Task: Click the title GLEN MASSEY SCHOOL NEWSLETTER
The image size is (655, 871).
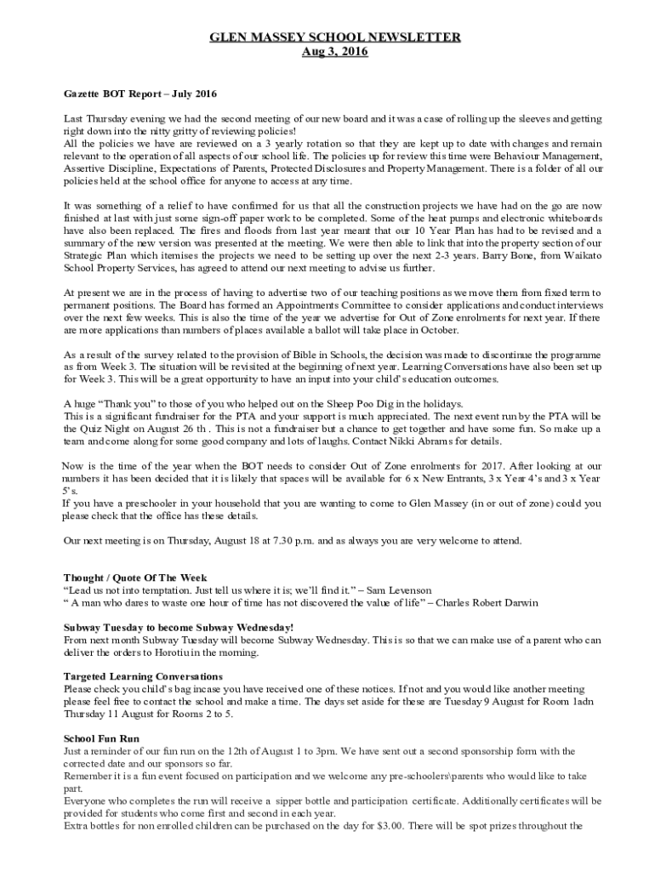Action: click(x=335, y=37)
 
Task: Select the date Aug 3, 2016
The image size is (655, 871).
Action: click(x=335, y=52)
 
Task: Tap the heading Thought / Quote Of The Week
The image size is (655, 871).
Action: click(x=135, y=578)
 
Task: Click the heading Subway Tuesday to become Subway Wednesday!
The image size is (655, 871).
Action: click(x=179, y=627)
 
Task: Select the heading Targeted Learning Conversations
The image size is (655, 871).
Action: click(x=143, y=676)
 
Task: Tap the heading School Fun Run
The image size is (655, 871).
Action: click(x=101, y=738)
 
